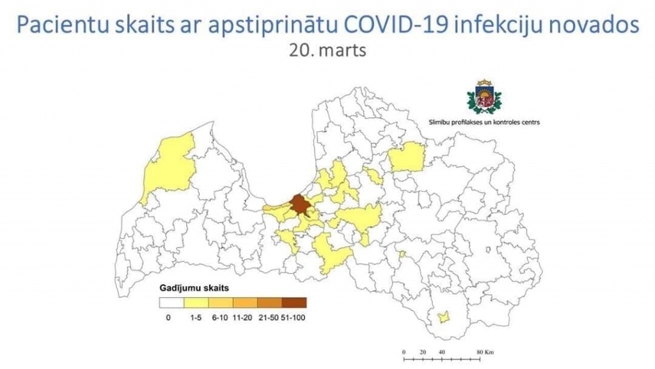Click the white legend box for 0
click(171, 302)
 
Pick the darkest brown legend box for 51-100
click(294, 302)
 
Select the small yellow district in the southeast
click(443, 316)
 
